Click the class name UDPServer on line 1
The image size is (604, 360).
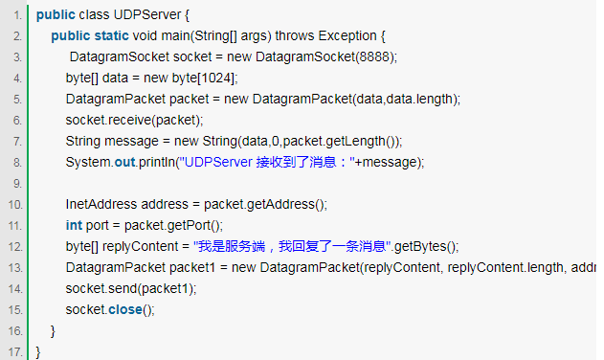pyautogui.click(x=145, y=15)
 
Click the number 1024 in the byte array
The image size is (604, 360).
pyautogui.click(x=216, y=78)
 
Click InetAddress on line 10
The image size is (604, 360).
pyautogui.click(x=101, y=204)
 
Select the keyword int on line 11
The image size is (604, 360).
pyautogui.click(x=74, y=225)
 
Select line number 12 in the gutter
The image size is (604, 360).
pyautogui.click(x=17, y=246)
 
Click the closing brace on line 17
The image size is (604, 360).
pyautogui.click(x=38, y=351)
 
